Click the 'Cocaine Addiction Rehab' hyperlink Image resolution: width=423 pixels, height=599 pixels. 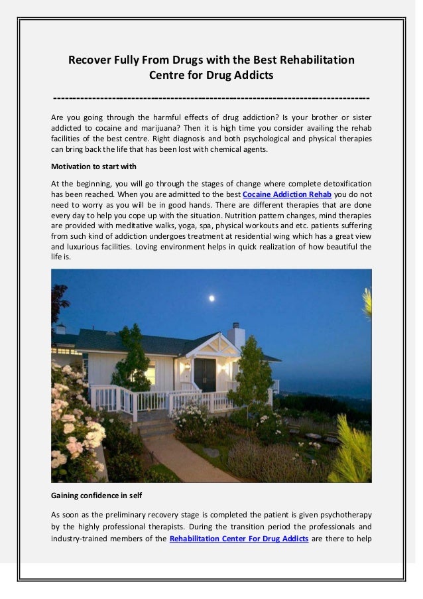point(287,194)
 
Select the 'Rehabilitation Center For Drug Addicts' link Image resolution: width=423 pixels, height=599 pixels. point(239,539)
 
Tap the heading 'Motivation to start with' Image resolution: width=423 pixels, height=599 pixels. point(93,166)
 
